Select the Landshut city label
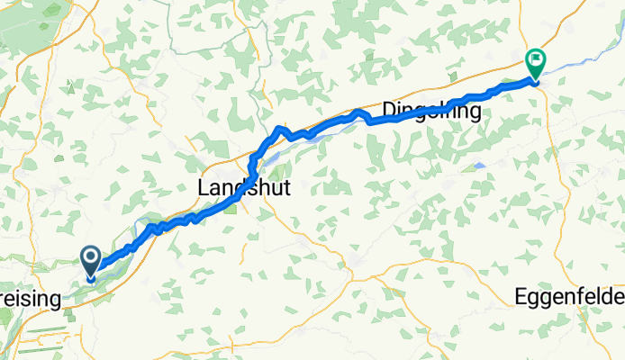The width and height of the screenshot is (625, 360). point(239,187)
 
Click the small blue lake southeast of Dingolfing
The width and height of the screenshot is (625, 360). point(480,166)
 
